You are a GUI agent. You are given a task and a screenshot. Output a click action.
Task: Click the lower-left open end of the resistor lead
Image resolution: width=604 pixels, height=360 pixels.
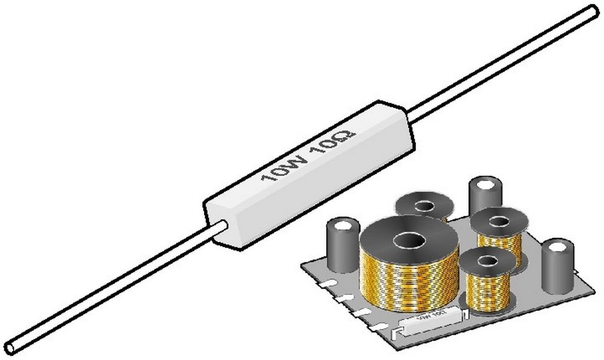(10, 348)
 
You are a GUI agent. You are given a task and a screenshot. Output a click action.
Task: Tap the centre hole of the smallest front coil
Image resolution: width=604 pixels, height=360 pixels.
(487, 260)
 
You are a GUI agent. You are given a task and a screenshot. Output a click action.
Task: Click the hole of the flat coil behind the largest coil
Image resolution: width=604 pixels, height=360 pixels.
(425, 206)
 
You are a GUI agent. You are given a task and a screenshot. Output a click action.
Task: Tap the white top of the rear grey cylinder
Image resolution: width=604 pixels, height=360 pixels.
(486, 184)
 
